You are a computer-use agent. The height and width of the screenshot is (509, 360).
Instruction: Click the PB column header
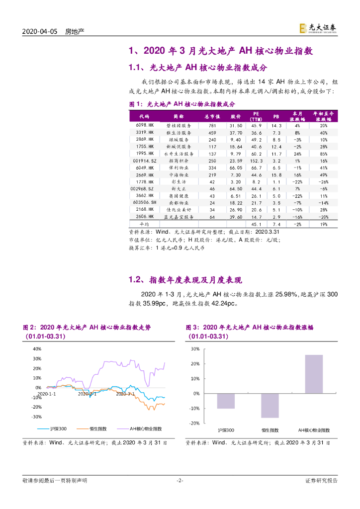coord(276,117)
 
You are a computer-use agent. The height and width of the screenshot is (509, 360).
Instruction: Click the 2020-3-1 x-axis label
coord(125,394)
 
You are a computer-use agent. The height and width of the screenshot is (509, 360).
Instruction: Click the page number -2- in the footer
coord(180,481)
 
